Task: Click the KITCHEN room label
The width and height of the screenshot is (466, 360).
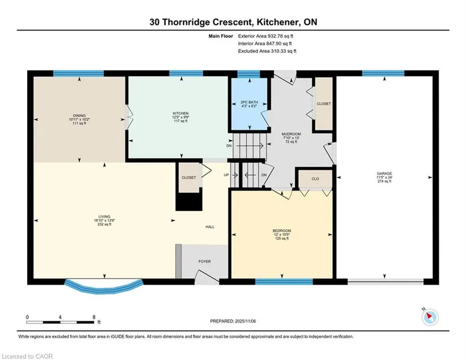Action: pos(181,113)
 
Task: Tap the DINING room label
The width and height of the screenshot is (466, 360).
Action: pos(79,116)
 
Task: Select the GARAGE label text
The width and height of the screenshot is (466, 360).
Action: pos(384,174)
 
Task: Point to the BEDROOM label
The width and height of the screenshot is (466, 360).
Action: pos(282,231)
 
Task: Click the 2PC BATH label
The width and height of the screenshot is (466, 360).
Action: pos(249,102)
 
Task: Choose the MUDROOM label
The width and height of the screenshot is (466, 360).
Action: pos(291,134)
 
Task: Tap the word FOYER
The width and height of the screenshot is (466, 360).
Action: pos(204,262)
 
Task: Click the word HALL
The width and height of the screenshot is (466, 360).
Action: pos(210,227)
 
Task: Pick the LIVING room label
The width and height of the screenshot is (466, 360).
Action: pos(104,216)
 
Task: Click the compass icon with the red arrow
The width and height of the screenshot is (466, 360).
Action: pos(430,317)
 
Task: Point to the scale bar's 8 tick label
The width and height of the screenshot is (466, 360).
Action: pos(94,317)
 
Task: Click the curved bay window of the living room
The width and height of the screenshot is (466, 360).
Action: pos(104,287)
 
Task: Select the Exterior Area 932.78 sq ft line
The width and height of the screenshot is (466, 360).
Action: pos(265,36)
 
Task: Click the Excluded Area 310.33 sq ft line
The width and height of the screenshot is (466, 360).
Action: pos(267,51)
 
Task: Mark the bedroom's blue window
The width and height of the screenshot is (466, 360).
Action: pos(284,281)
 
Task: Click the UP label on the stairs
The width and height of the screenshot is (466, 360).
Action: pos(227,175)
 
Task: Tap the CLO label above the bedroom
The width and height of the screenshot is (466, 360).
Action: pos(315,179)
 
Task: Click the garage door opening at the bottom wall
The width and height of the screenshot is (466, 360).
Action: pos(385,281)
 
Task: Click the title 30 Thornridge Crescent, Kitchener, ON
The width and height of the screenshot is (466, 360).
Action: pos(233,22)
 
